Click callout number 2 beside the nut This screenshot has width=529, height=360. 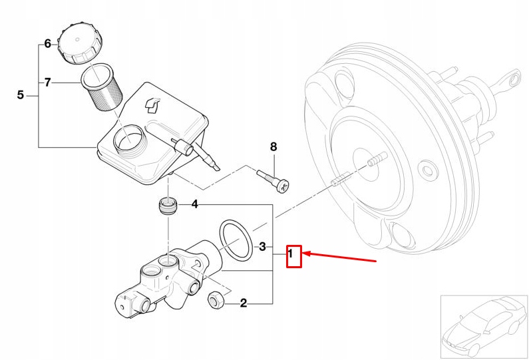click(244, 304)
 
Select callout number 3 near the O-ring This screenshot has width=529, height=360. click(262, 247)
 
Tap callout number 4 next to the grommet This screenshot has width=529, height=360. click(194, 204)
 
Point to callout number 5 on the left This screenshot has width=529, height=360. click(20, 95)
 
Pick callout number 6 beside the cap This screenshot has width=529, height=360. click(47, 44)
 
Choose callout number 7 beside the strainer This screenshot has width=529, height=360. click(47, 83)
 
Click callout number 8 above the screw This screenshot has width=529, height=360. click(273, 147)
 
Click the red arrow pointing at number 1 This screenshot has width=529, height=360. click(339, 257)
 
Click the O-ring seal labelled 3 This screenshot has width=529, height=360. click(236, 241)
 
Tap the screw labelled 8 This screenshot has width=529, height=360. click(273, 178)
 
